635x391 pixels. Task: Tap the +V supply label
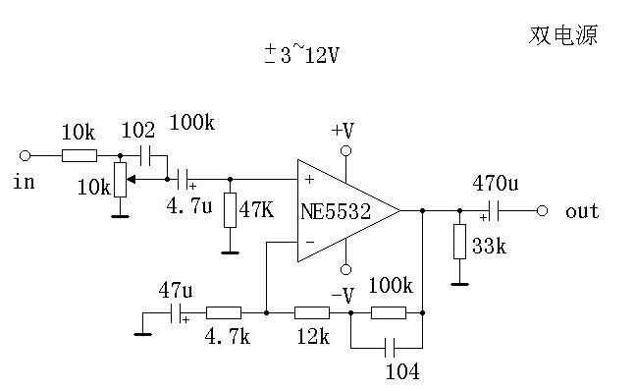coord(343,130)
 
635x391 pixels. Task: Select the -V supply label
coord(342,294)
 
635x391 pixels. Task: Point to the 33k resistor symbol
coord(459,242)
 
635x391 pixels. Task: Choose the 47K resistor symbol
coord(230,210)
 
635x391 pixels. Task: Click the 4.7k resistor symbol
coord(223,313)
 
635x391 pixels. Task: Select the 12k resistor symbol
coord(311,313)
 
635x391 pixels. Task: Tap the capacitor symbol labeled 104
coord(391,347)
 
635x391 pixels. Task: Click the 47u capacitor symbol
coord(178,313)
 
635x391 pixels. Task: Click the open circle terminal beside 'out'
coord(541,210)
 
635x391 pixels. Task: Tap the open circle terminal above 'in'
coord(26,155)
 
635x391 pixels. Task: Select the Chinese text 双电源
coord(563,36)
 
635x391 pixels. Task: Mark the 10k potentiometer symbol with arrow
coord(120,180)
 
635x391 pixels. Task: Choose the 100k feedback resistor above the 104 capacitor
coord(388,313)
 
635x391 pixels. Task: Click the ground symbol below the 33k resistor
coord(459,285)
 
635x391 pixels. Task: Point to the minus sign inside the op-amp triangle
coord(310,242)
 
